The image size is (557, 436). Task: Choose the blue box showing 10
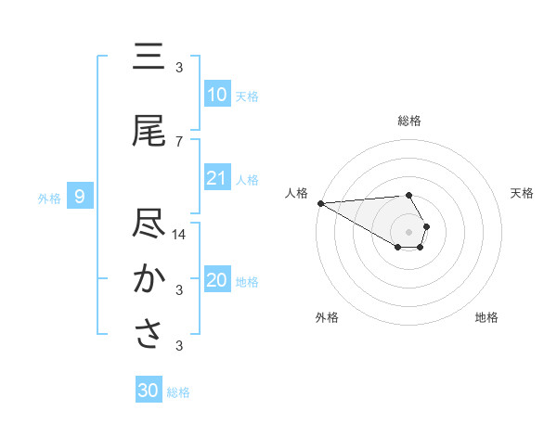click(x=216, y=95)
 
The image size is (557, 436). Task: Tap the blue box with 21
click(x=216, y=178)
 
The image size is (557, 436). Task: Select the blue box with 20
click(x=216, y=280)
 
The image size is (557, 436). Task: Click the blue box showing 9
click(x=80, y=196)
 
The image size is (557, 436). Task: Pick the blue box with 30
click(x=149, y=391)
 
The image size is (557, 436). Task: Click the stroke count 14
click(x=179, y=235)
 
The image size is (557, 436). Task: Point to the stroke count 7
click(x=179, y=142)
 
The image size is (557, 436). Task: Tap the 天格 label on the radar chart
click(x=523, y=193)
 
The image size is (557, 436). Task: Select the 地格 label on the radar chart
click(x=486, y=317)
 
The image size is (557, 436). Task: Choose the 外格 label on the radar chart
click(x=327, y=317)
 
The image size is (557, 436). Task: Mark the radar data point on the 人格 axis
click(x=320, y=202)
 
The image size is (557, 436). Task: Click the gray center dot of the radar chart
click(x=408, y=231)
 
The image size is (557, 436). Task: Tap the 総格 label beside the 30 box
click(x=178, y=392)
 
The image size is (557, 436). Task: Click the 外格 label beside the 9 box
click(x=49, y=198)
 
